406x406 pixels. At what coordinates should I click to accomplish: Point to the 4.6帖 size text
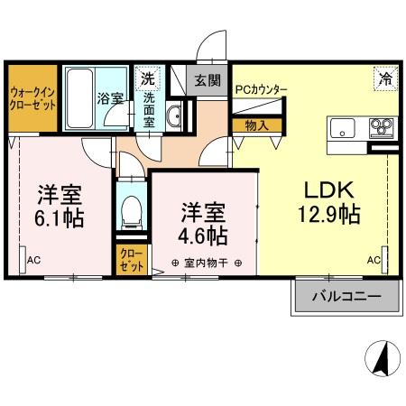pyautogui.click(x=202, y=236)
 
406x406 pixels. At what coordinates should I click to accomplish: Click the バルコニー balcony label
pyautogui.click(x=344, y=296)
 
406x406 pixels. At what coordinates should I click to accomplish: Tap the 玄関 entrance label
pyautogui.click(x=208, y=79)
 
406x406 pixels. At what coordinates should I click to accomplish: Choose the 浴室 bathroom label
pyautogui.click(x=110, y=98)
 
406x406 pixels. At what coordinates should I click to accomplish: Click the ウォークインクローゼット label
pyautogui.click(x=33, y=98)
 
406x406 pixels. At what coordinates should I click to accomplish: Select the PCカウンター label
pyautogui.click(x=261, y=89)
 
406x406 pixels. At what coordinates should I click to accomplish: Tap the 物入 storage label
pyautogui.click(x=256, y=125)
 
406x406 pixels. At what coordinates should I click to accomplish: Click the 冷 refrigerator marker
pyautogui.click(x=384, y=78)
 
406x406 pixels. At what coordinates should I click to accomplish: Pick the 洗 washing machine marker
pyautogui.click(x=147, y=78)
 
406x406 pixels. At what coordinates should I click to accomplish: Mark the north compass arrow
pyautogui.click(x=382, y=360)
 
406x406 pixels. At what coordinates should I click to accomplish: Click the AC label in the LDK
pyautogui.click(x=374, y=260)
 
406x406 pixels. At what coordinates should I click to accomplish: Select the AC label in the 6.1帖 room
pyautogui.click(x=34, y=260)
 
